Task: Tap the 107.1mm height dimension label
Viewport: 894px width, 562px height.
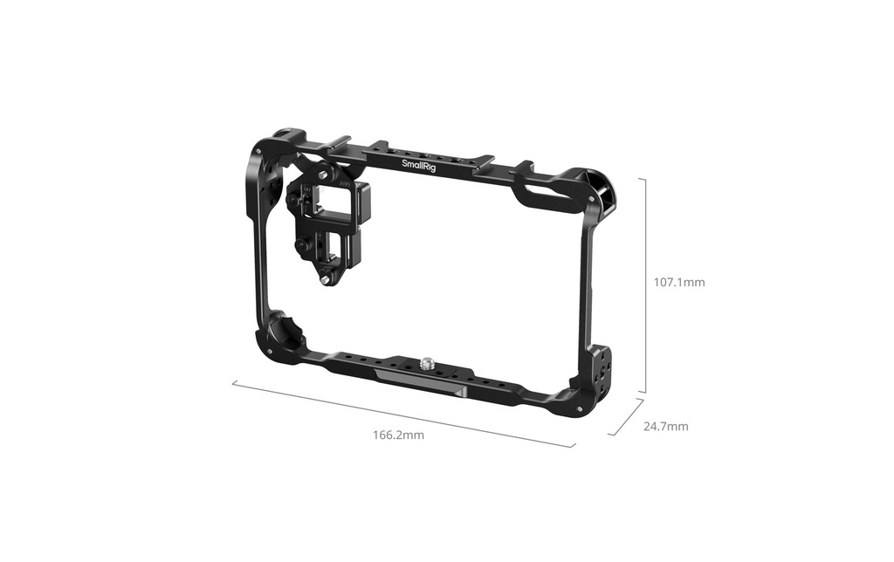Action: (x=679, y=282)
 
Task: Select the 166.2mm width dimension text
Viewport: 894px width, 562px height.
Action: (x=398, y=435)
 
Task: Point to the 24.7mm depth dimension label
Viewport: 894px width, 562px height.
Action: (x=666, y=427)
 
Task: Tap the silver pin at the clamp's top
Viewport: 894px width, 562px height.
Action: (x=324, y=175)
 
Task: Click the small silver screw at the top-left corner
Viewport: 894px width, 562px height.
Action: (x=258, y=151)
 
